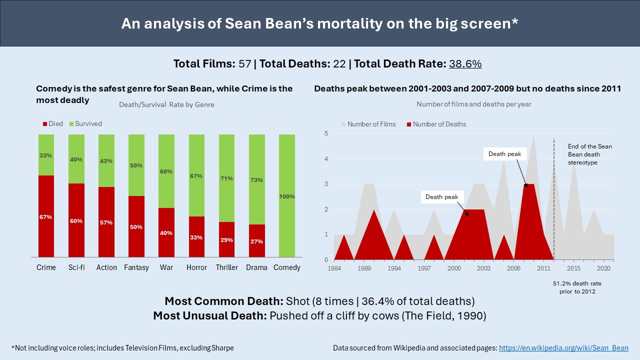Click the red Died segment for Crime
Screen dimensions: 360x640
pos(46,216)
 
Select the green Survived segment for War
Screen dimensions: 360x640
pos(166,171)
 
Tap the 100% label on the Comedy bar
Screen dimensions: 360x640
pos(286,196)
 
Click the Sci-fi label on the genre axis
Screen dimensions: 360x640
pos(76,267)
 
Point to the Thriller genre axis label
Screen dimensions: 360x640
pos(226,267)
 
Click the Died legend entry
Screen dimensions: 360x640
pos(52,123)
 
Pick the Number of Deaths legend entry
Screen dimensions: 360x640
pos(435,124)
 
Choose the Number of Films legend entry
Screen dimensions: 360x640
pos(368,124)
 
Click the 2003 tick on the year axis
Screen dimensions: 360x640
pos(484,268)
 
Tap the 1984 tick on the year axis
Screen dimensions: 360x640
pos(334,268)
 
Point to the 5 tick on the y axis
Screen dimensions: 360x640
pos(326,133)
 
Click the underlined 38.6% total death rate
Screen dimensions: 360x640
pos(465,64)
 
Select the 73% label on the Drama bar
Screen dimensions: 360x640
pos(256,180)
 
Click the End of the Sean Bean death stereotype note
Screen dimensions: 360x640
pos(590,154)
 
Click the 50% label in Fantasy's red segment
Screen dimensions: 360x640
pos(136,227)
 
